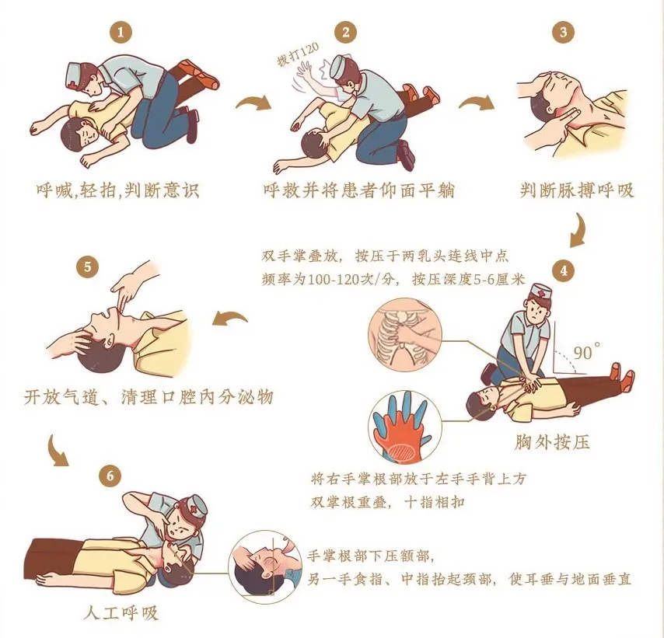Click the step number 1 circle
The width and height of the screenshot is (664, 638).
tap(121, 32)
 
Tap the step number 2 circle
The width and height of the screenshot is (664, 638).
tap(345, 32)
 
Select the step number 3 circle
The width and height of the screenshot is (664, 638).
tap(563, 32)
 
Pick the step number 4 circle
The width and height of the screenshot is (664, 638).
tap(564, 270)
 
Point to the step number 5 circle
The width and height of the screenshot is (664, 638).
tap(88, 267)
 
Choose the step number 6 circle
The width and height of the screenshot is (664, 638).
tap(110, 476)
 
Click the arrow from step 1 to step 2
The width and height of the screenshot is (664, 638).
tap(253, 103)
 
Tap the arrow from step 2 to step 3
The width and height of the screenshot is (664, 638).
tap(476, 103)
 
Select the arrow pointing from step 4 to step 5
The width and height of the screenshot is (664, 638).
tap(230, 318)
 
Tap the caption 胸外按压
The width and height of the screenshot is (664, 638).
tap(552, 442)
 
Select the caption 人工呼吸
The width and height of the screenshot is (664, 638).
tap(121, 612)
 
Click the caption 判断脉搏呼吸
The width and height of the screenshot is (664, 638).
tap(577, 190)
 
